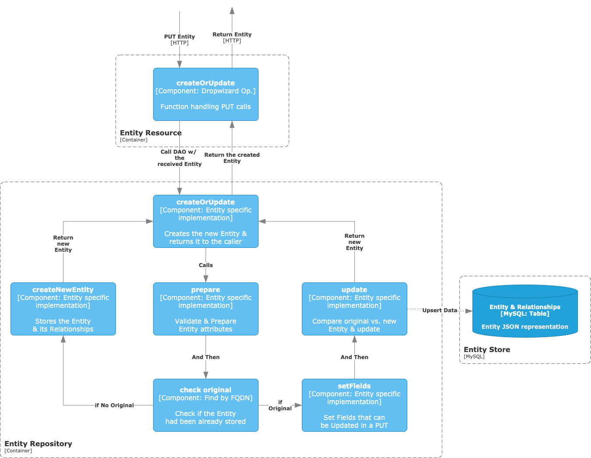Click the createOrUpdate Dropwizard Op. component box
click(x=206, y=94)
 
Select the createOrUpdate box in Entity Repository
click(x=206, y=221)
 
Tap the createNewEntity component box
click(x=63, y=309)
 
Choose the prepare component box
click(x=206, y=309)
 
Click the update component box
click(x=354, y=309)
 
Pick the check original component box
click(x=206, y=405)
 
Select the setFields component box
click(x=354, y=405)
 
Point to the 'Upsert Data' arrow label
click(x=440, y=310)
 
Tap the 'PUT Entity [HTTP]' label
click(x=179, y=40)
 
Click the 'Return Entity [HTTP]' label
click(x=232, y=38)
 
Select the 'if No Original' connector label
click(x=114, y=405)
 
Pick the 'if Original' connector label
click(x=280, y=405)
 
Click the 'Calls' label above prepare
click(x=206, y=265)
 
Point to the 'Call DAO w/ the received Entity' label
click(x=179, y=158)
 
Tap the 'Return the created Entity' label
click(x=232, y=158)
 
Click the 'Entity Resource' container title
click(x=150, y=133)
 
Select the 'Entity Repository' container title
click(x=38, y=444)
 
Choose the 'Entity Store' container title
click(x=486, y=350)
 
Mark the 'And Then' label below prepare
click(x=206, y=357)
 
